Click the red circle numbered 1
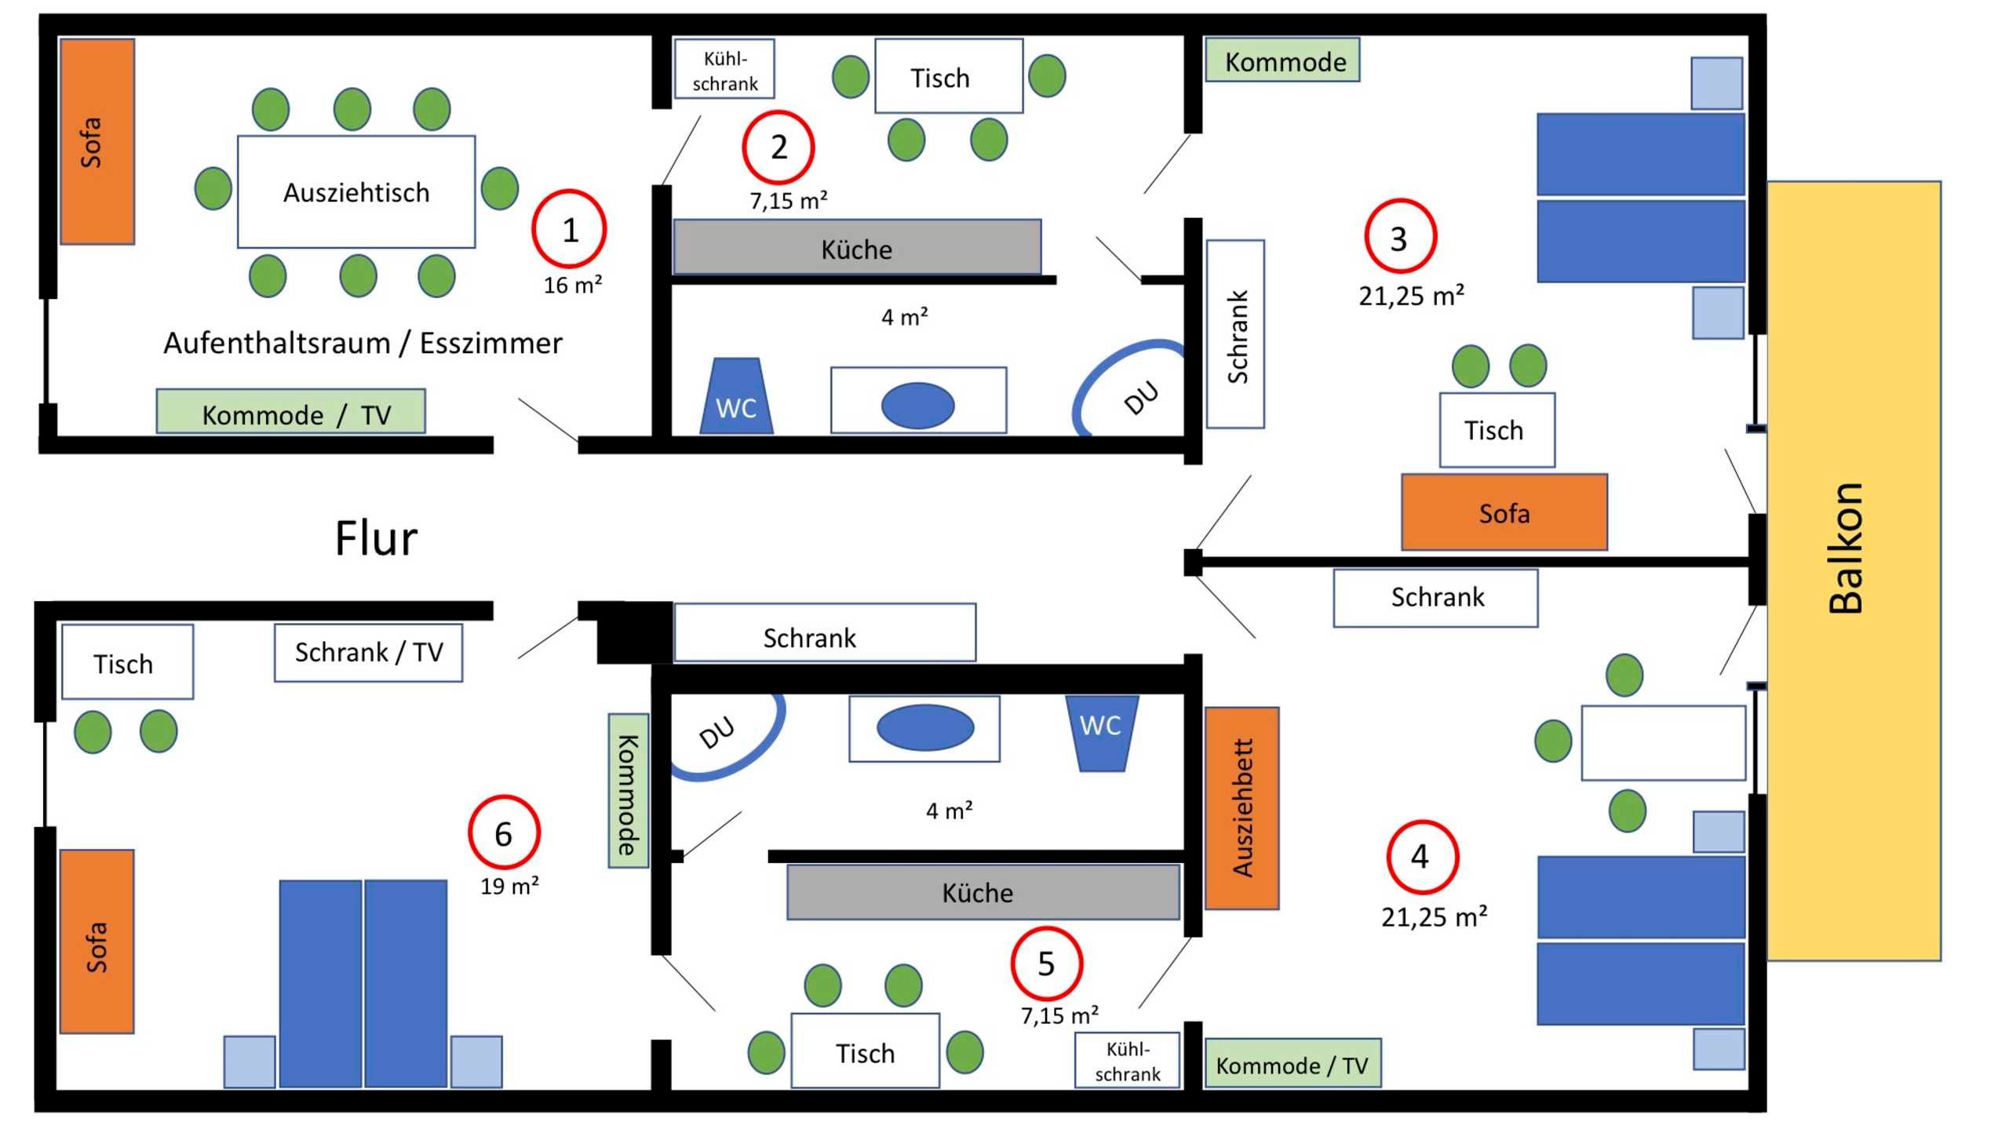pos(570,229)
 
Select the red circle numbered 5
pos(1046,963)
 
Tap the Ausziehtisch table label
pos(356,192)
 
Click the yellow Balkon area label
pos(1846,548)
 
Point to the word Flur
pos(376,539)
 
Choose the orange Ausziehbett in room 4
pos(1241,808)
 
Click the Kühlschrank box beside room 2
pos(724,70)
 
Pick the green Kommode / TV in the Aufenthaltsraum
pos(291,412)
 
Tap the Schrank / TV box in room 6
pos(368,652)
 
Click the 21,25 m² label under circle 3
pos(1411,296)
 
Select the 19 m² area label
pos(509,887)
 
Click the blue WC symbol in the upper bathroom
pos(736,399)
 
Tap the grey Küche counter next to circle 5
pos(983,892)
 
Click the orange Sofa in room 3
pos(1504,512)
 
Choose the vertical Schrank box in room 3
pos(1235,334)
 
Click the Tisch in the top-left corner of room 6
pos(127,661)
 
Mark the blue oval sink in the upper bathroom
pos(917,405)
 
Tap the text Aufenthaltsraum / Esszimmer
pos(363,343)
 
